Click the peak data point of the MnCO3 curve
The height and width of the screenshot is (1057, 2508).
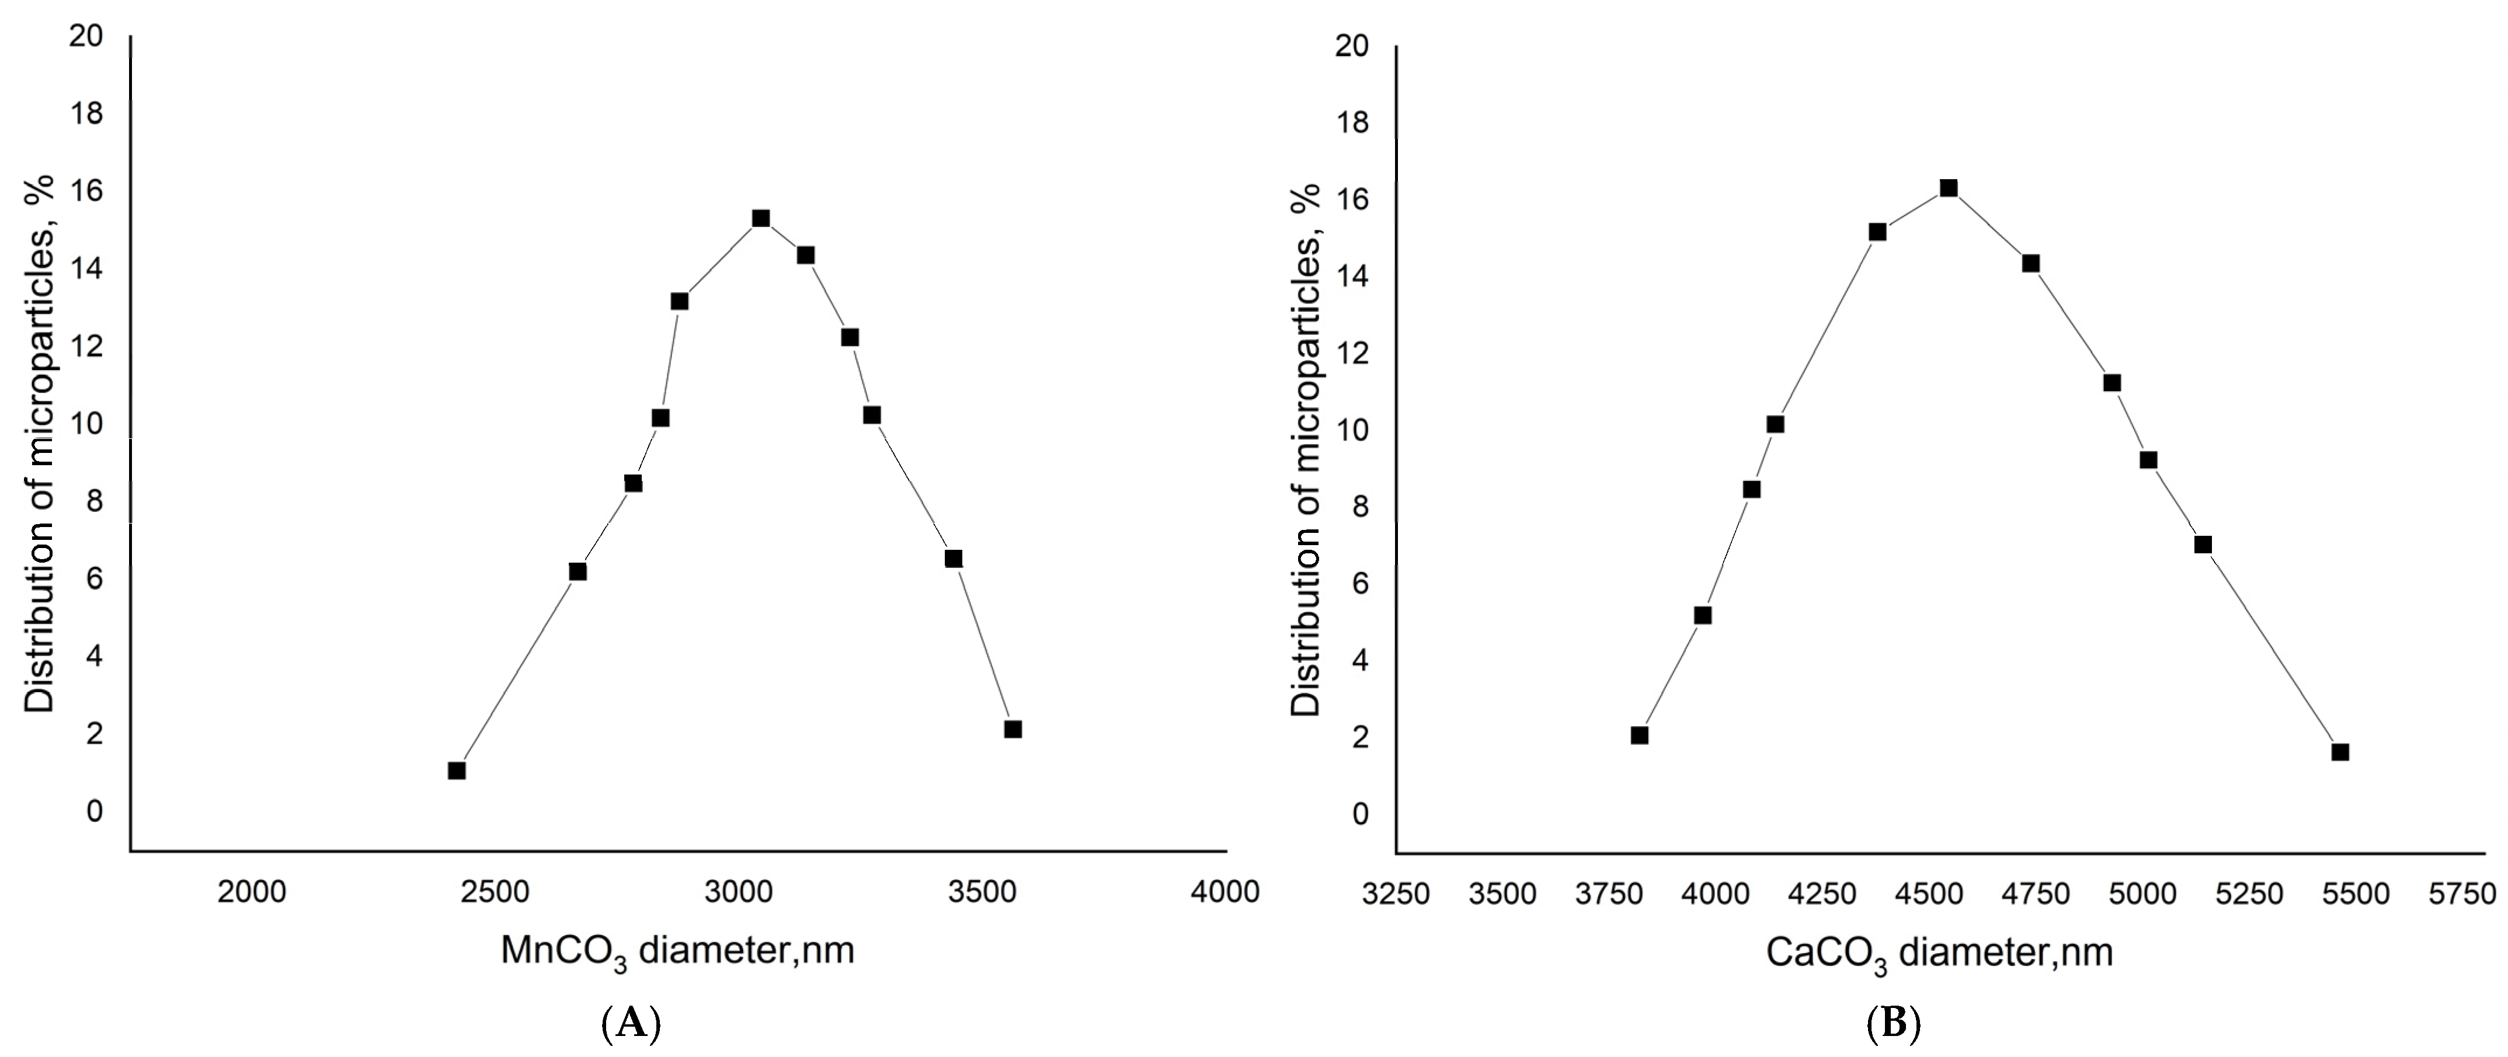(760, 218)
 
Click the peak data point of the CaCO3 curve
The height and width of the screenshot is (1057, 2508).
(1948, 188)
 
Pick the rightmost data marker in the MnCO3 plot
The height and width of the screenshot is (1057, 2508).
(1013, 729)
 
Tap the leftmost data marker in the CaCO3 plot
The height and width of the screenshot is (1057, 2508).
(1640, 735)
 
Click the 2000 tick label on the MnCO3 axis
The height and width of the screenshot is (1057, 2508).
(252, 892)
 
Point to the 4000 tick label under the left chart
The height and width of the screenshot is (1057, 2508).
(1226, 892)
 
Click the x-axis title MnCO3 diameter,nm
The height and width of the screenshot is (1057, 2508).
(677, 950)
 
